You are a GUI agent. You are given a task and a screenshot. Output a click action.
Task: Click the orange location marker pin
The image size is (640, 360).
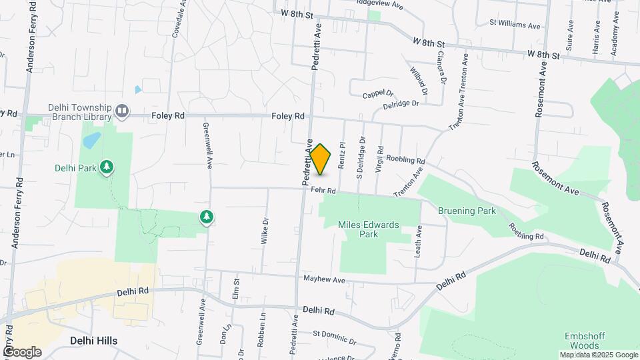coord(321,159)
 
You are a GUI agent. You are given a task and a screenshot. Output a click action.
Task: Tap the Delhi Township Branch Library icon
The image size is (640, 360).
coord(122,111)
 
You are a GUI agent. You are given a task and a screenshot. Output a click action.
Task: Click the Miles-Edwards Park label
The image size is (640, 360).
coord(368,229)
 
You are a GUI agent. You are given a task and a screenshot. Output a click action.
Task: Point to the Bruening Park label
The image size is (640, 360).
coord(467,211)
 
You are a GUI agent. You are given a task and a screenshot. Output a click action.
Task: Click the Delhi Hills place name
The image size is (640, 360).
coord(93,341)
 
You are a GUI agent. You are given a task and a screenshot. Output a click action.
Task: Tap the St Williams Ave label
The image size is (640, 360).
coord(515,23)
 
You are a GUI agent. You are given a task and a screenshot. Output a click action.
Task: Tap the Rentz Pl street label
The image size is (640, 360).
coord(342,154)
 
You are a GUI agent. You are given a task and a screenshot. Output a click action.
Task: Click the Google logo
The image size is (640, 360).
coord(21,352)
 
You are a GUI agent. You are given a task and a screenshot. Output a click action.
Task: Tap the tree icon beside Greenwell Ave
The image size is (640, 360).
coord(207,217)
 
